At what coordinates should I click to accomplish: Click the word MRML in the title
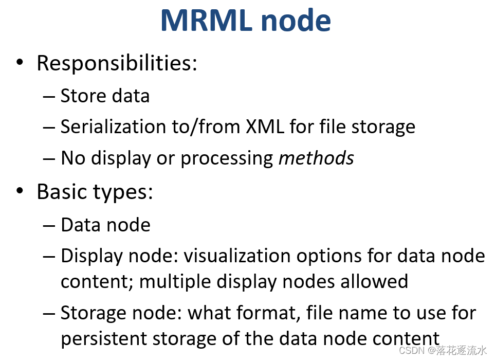click(205, 20)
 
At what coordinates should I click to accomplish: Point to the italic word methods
click(316, 158)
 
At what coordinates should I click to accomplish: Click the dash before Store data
click(49, 96)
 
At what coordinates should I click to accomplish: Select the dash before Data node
click(49, 225)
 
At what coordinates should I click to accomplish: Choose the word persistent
click(103, 339)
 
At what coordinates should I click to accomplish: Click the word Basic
click(62, 192)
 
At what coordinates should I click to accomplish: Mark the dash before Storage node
click(49, 313)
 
